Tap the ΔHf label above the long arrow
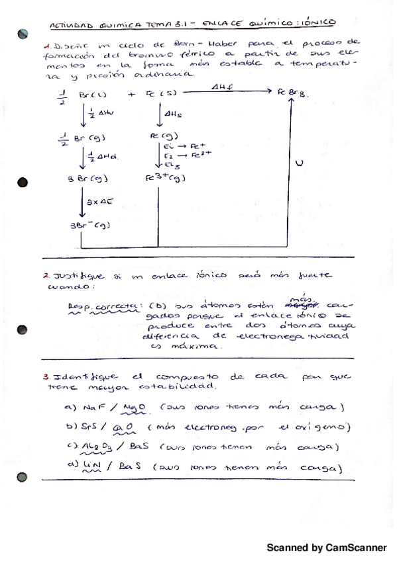pyautogui.click(x=221, y=86)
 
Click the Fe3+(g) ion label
pyautogui.click(x=165, y=179)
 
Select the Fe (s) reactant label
pyautogui.click(x=157, y=94)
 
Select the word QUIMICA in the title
pyautogui.click(x=124, y=25)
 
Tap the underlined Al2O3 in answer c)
pyautogui.click(x=99, y=449)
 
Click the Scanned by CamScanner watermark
pyautogui.click(x=327, y=548)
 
